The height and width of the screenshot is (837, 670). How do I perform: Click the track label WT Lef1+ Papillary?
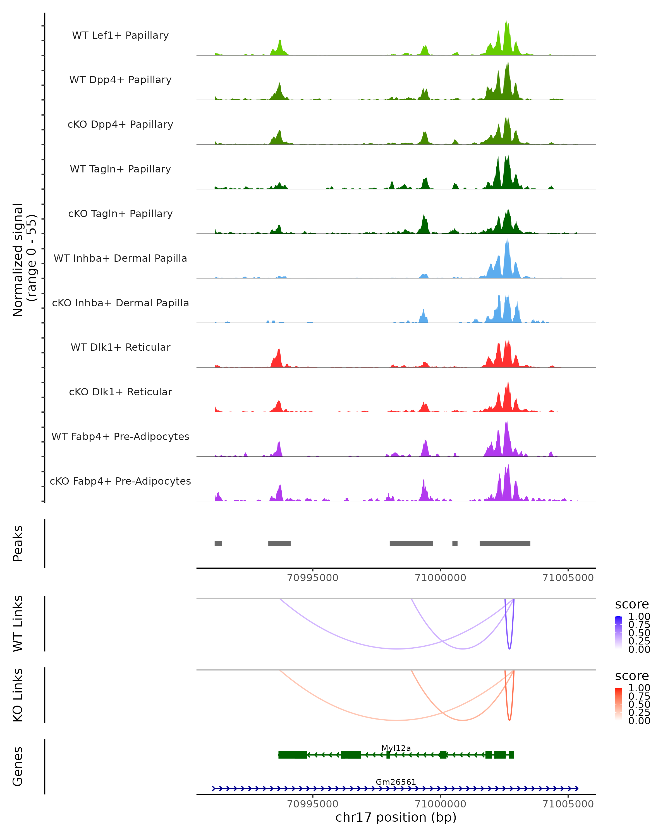120,35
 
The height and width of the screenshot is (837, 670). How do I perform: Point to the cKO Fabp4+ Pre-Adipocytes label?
120,481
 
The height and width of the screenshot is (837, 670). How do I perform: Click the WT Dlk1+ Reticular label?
120,347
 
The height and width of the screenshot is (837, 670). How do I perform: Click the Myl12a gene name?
396,748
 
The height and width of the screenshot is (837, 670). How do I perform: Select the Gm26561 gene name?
396,782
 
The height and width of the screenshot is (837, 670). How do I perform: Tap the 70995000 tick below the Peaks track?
313,578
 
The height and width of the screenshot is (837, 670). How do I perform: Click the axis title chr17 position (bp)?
396,817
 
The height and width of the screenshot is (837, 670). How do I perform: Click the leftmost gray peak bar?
218,543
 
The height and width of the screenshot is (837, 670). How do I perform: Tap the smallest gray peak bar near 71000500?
455,543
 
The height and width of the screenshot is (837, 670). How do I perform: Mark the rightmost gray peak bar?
505,543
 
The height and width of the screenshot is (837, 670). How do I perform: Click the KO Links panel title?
18,695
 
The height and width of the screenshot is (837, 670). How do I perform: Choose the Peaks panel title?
18,543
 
